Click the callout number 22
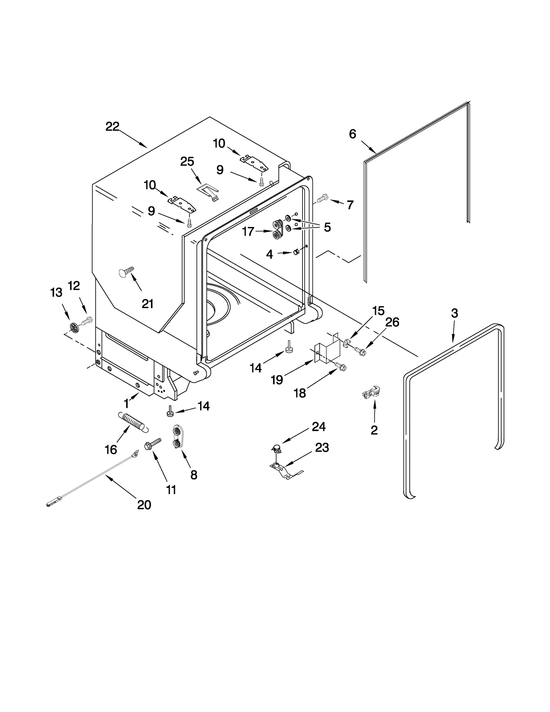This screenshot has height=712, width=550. pos(112,127)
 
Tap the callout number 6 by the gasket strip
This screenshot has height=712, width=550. pos(352,134)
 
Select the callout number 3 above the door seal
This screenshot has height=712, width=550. pos(454,313)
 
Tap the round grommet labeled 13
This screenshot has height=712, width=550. pos(74,327)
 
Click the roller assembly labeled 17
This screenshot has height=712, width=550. pos(277,230)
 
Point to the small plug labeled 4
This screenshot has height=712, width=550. pos(296,253)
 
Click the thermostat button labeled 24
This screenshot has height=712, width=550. pos(276,448)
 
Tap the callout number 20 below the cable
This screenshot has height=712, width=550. pos(144,505)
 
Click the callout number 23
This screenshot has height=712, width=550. pos(322,448)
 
